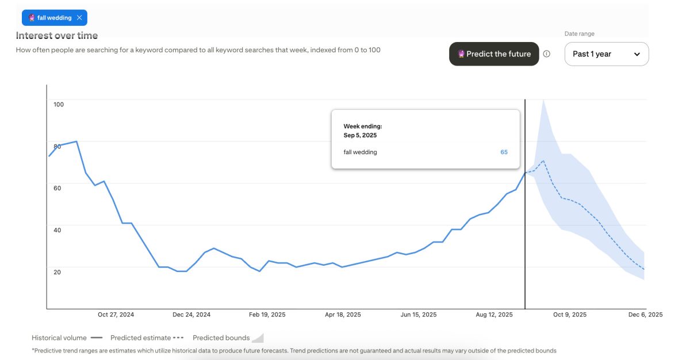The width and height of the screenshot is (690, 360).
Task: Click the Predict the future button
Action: pyautogui.click(x=494, y=54)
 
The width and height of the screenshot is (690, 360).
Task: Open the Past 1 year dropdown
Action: pyautogui.click(x=606, y=54)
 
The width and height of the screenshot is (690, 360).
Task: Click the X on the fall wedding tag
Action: pyautogui.click(x=79, y=18)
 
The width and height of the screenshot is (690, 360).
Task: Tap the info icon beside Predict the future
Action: pyautogui.click(x=547, y=54)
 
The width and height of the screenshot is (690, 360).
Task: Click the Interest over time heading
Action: pyautogui.click(x=57, y=36)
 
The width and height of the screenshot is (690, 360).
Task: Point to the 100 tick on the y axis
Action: pyautogui.click(x=58, y=104)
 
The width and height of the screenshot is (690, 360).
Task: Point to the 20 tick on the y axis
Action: pyautogui.click(x=57, y=271)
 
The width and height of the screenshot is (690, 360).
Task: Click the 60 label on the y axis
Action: pyautogui.click(x=57, y=188)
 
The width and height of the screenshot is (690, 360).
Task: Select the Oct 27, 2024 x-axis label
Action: pyautogui.click(x=116, y=315)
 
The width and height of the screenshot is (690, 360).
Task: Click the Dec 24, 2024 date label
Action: pyautogui.click(x=191, y=315)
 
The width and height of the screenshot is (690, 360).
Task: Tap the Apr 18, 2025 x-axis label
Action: pyautogui.click(x=343, y=315)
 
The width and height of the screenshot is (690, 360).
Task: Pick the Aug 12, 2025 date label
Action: pyautogui.click(x=494, y=315)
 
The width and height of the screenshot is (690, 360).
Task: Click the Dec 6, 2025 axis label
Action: pyautogui.click(x=645, y=315)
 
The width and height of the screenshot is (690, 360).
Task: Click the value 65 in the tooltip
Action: pyautogui.click(x=504, y=152)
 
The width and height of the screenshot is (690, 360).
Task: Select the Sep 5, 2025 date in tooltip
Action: pyautogui.click(x=360, y=135)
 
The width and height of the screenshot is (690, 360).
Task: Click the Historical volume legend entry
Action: pyautogui.click(x=59, y=338)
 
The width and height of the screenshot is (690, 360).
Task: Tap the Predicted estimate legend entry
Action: pyautogui.click(x=141, y=338)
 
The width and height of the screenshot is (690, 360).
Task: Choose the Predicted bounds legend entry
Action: pyautogui.click(x=221, y=338)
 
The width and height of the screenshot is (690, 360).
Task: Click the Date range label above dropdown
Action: pyautogui.click(x=579, y=34)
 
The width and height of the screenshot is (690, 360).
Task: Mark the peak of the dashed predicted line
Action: pyautogui.click(x=543, y=161)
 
